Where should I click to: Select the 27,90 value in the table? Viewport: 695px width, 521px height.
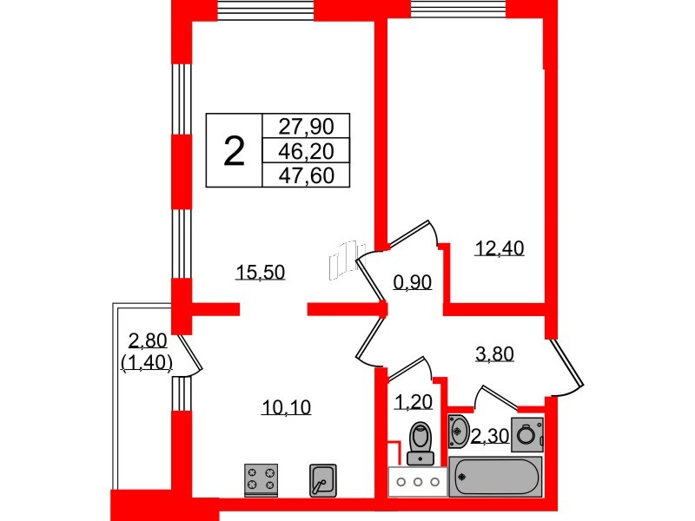(x=305, y=126)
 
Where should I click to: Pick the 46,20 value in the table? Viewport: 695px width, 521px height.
(x=305, y=151)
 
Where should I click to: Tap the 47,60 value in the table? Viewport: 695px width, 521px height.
(x=305, y=175)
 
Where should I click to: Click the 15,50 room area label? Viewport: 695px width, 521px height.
(x=261, y=273)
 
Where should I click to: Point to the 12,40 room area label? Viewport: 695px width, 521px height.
(x=500, y=249)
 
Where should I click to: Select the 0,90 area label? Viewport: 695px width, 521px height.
(x=413, y=282)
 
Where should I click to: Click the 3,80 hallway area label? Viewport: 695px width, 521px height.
(x=494, y=353)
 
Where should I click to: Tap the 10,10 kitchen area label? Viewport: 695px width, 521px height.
(x=286, y=406)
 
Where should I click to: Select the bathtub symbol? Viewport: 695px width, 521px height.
(x=494, y=477)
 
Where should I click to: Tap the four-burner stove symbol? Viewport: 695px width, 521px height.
(x=261, y=478)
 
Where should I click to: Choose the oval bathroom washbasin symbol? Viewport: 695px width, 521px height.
(x=459, y=431)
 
